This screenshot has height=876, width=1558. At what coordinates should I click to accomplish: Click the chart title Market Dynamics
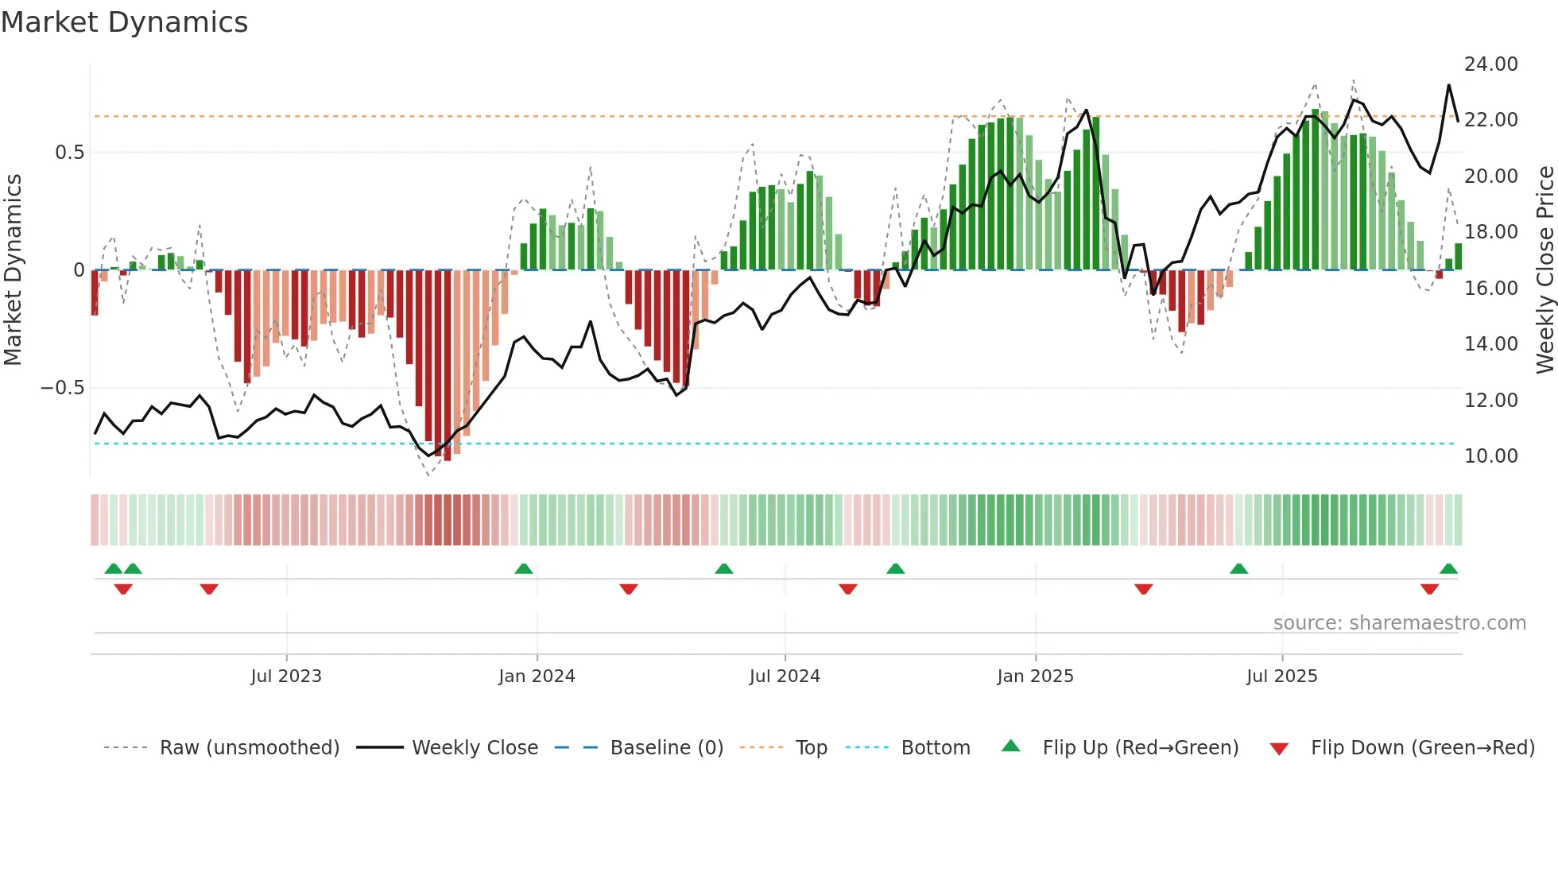pos(125,22)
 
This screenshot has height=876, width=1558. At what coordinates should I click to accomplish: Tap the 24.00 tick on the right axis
pos(1490,64)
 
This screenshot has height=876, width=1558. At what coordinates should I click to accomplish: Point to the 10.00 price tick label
pos(1490,456)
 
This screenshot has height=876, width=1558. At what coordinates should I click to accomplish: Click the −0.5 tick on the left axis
pos(62,388)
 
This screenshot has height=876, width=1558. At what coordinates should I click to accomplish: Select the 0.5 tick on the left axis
pos(69,153)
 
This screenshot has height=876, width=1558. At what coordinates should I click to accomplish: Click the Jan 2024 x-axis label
pos(537,676)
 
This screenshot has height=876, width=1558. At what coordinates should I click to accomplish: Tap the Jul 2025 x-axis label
pos(1281,676)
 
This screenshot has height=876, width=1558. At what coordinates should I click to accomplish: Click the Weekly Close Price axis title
pos(1544,270)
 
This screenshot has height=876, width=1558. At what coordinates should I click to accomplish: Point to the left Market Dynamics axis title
pos(13,270)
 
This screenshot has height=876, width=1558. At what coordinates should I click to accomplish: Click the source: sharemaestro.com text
pos(1399,623)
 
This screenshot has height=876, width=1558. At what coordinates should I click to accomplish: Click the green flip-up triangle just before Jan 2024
pos(523,569)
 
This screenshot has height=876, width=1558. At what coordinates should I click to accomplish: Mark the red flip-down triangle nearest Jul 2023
pos(209,589)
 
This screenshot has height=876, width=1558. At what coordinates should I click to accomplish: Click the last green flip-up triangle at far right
pos(1448,569)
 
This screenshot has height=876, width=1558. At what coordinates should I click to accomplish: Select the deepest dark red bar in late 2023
pos(447,366)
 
